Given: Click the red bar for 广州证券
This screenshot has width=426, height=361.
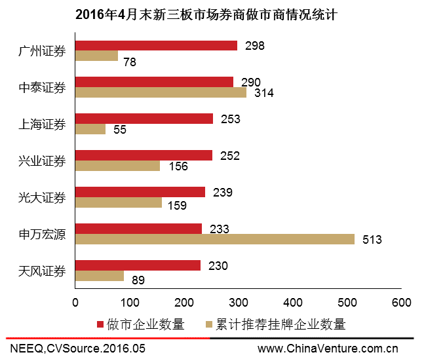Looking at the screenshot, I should coord(156,45).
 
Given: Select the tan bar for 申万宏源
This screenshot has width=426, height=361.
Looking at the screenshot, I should coord(214,239).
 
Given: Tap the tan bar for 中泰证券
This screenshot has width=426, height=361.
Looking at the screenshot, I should coord(161,92).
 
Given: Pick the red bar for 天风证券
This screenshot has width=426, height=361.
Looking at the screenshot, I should coord(138,265).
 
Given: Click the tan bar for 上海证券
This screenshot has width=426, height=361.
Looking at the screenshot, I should coord(90,129).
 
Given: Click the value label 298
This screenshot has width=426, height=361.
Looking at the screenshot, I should coord(254,46).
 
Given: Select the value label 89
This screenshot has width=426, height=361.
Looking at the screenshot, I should coord(137,280).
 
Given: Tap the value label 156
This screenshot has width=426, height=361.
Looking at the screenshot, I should coord(178,166).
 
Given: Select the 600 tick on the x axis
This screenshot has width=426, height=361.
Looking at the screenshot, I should coord(401,303).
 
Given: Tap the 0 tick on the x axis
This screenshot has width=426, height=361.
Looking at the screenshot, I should coord(75,303).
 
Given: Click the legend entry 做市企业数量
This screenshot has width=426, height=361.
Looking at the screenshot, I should coord(140,324).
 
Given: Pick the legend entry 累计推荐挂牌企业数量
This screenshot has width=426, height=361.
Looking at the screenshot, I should coord(275,324).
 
